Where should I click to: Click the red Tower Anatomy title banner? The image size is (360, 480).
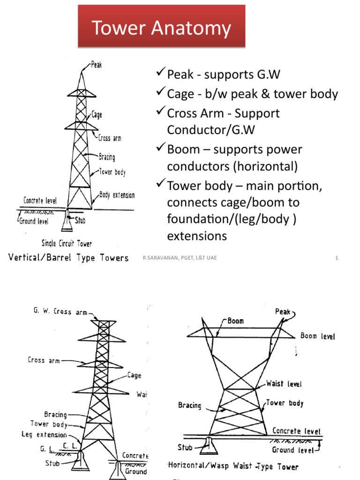[161, 27]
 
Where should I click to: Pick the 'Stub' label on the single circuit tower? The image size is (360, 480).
[80, 219]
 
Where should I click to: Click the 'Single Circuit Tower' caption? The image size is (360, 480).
[67, 244]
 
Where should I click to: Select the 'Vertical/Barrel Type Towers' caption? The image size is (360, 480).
[69, 258]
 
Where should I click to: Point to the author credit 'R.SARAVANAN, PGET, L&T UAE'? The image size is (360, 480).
[180, 258]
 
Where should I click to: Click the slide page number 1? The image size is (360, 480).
[337, 258]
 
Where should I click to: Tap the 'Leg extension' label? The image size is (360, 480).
[44, 435]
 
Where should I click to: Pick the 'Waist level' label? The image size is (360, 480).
[284, 384]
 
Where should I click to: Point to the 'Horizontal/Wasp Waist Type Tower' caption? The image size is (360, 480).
[232, 466]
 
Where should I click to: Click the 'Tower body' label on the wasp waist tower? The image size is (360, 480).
[285, 403]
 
